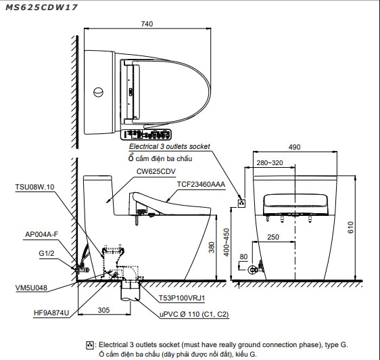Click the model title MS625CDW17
point(41,7)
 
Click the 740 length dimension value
point(147,24)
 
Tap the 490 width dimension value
point(294,147)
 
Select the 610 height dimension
point(350,227)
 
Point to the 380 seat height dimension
point(212,247)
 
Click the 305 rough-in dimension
point(103,310)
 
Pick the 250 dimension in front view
point(273,237)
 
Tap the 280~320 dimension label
point(270,163)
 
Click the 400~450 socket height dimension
point(227,242)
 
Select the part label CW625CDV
point(156,171)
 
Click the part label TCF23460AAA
point(201,184)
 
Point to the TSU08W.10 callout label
point(34,187)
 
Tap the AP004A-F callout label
point(42,234)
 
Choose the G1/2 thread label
point(47,254)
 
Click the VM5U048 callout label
point(31,288)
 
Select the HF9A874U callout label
point(51,313)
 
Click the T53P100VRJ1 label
point(182,298)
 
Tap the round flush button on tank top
point(99,92)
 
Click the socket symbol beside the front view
point(241,203)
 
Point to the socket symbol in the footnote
point(90,345)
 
